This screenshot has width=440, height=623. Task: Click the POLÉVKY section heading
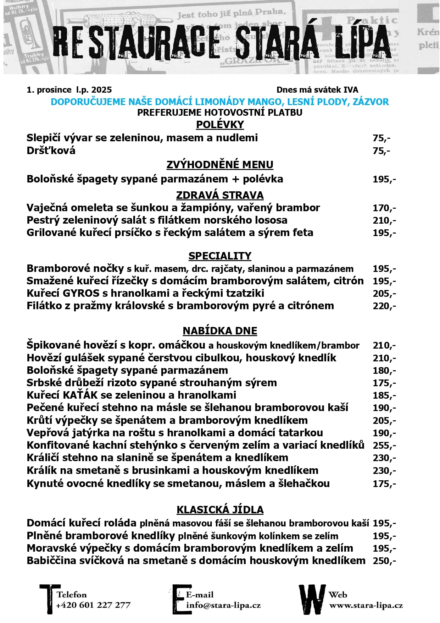220,125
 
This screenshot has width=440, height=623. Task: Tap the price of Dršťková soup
381,151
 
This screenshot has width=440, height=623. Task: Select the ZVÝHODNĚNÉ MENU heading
220,165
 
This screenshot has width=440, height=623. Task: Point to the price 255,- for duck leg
384,446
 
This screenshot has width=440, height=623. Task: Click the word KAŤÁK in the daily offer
80,395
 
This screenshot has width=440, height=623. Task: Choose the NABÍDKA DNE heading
220,331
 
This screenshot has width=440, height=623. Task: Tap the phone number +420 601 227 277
93,605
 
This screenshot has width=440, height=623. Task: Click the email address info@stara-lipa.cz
223,605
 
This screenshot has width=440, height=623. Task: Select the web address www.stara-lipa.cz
366,605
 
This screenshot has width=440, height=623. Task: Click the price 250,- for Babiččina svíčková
384,561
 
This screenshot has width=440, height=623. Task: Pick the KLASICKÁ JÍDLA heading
220,510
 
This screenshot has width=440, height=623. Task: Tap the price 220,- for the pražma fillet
384,306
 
